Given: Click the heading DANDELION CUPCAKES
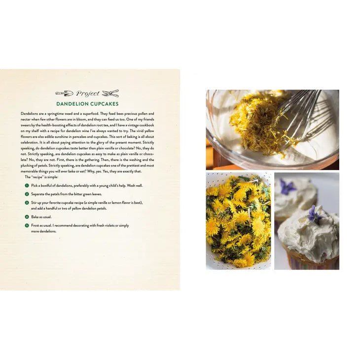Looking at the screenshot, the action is tap(87, 104).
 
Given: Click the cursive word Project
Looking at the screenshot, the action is tap(88, 93).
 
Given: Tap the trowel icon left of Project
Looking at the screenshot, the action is tap(64, 93).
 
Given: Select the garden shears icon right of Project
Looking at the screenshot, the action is tap(110, 93).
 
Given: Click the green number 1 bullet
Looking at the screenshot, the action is tap(27, 185).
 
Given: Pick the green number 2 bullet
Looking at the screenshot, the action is tap(27, 194).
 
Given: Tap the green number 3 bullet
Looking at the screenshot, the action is tap(27, 203).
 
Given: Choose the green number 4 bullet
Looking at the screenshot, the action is tap(27, 216).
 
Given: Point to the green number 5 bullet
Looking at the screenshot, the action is tap(27, 225).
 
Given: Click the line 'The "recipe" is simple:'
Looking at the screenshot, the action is tap(41, 177).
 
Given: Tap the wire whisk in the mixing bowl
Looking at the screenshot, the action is tap(301, 115).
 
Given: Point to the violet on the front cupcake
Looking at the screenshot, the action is tap(313, 215).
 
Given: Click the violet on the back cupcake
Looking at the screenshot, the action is tap(287, 186).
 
